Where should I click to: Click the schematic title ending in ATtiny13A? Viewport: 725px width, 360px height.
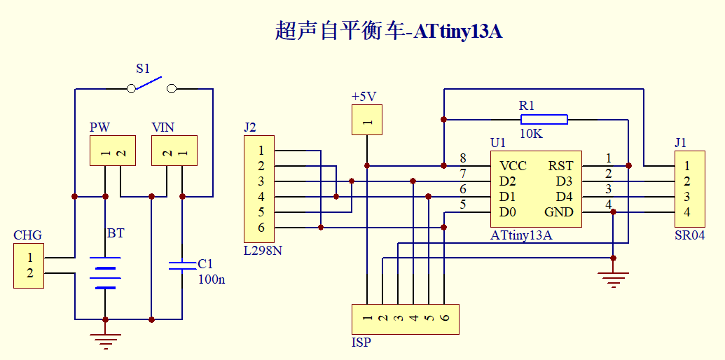(389, 31)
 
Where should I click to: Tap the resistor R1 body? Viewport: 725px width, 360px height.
(543, 119)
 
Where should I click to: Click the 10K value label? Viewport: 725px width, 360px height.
(532, 134)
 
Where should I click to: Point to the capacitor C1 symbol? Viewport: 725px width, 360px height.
(182, 265)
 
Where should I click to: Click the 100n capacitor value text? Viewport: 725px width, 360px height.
(212, 280)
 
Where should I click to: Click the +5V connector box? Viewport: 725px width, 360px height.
(367, 119)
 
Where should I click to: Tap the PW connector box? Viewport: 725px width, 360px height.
(112, 151)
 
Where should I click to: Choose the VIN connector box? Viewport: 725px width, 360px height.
(174, 151)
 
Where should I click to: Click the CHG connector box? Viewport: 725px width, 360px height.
(29, 265)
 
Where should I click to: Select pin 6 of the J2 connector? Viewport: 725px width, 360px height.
(261, 228)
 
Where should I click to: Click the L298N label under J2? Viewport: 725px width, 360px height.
(263, 250)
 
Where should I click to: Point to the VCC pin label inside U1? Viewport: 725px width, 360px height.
(513, 166)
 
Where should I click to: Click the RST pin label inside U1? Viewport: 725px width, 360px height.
(560, 166)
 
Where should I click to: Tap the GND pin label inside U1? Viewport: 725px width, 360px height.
(558, 212)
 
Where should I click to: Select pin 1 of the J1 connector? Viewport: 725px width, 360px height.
(687, 166)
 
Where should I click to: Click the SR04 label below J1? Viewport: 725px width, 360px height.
(689, 235)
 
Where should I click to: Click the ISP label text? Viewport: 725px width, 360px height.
(361, 342)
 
